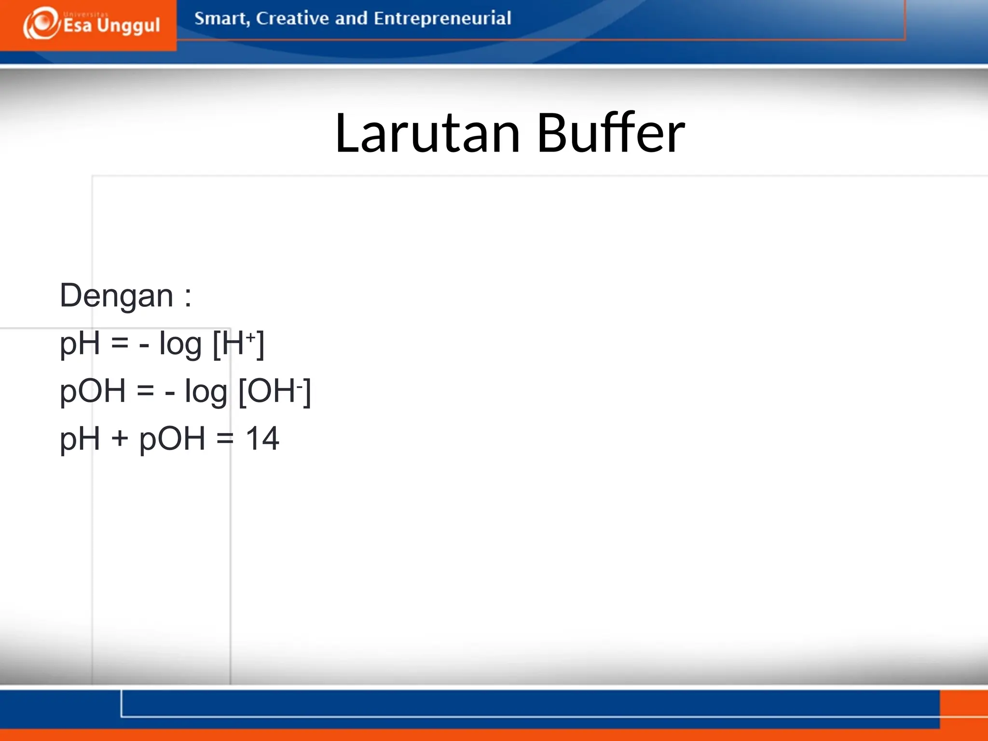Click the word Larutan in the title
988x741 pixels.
427,133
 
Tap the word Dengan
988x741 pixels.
116,296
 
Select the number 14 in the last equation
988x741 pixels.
262,439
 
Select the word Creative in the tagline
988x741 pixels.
292,18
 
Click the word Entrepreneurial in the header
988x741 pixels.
442,19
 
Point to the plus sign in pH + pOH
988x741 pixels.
120,439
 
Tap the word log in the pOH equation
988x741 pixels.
206,392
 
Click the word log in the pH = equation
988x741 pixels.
180,344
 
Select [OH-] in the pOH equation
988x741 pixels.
275,391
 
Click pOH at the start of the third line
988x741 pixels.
93,391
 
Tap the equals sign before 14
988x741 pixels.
225,439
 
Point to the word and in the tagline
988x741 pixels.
351,18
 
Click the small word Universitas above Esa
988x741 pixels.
86,14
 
